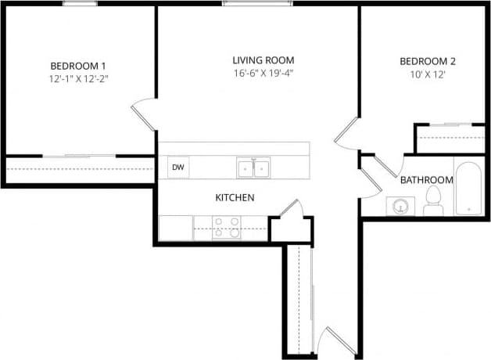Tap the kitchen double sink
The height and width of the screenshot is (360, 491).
point(253,167)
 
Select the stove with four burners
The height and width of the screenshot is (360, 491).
point(227,227)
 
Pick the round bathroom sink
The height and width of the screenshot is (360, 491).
point(401,207)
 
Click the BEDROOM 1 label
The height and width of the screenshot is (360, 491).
point(78,66)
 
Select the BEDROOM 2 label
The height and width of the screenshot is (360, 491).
point(427,62)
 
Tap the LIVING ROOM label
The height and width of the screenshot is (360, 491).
point(263,60)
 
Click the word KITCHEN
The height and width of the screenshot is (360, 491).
point(235,198)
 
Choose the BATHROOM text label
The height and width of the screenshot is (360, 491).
point(427,180)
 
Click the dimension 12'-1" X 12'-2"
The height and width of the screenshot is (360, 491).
point(78,79)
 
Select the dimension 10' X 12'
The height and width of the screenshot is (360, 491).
point(427,75)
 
